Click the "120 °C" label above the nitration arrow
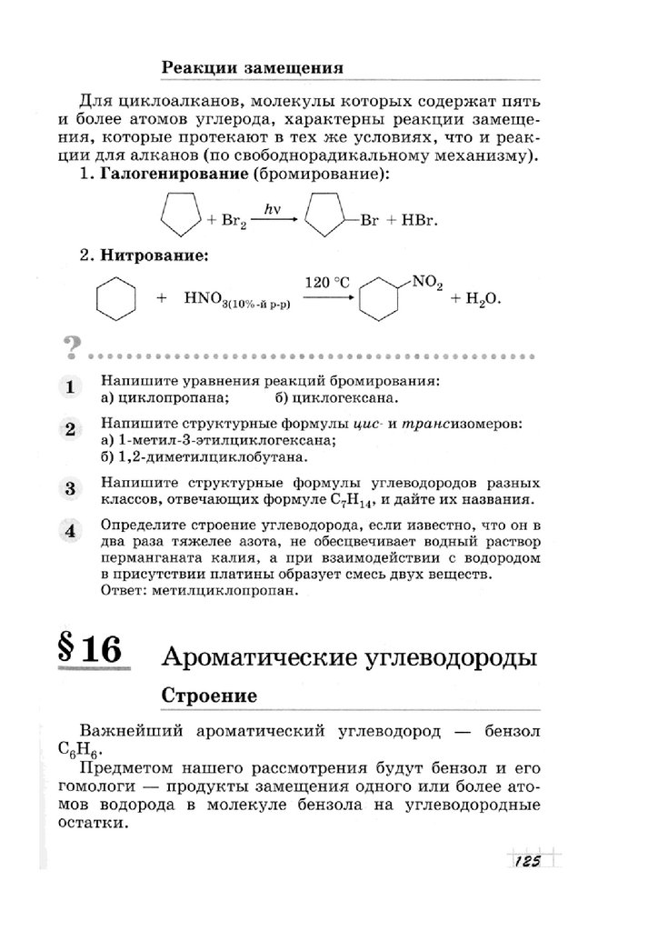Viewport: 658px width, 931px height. pyautogui.click(x=327, y=283)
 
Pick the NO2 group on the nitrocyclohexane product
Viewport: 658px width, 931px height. pyautogui.click(x=426, y=284)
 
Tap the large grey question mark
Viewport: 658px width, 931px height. pyautogui.click(x=68, y=347)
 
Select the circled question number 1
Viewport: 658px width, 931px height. pyautogui.click(x=69, y=387)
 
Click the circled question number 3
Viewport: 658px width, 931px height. pyautogui.click(x=69, y=488)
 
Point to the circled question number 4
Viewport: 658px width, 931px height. pyautogui.click(x=69, y=531)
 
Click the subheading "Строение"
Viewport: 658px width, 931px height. pyautogui.click(x=208, y=695)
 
